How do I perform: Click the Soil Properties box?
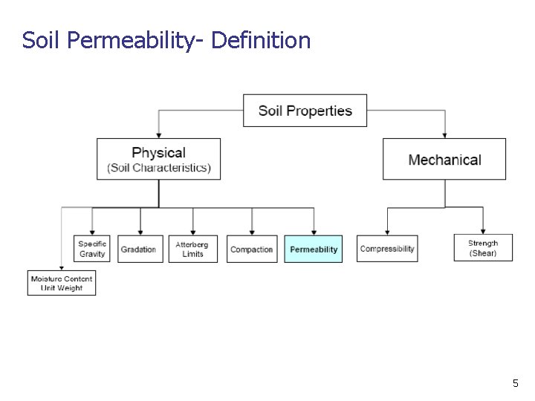pyautogui.click(x=305, y=111)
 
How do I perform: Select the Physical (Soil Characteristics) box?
pyautogui.click(x=158, y=159)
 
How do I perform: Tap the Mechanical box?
pyautogui.click(x=444, y=159)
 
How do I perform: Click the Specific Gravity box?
pyautogui.click(x=93, y=249)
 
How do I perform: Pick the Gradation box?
pyautogui.click(x=139, y=249)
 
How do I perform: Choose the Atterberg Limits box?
pyautogui.click(x=192, y=249)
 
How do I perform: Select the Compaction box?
pyautogui.click(x=252, y=249)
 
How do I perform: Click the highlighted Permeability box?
pyautogui.click(x=313, y=249)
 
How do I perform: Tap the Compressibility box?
pyautogui.click(x=386, y=249)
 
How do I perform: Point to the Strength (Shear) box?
pyautogui.click(x=483, y=248)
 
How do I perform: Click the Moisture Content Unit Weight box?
pyautogui.click(x=62, y=283)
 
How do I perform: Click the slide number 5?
pyautogui.click(x=515, y=383)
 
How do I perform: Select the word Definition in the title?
pyautogui.click(x=261, y=39)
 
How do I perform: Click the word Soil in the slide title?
pyautogui.click(x=42, y=39)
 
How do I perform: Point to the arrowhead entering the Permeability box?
pyautogui.click(x=314, y=232)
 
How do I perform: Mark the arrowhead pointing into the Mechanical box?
pyautogui.click(x=444, y=134)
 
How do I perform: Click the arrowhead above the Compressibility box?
pyautogui.click(x=386, y=232)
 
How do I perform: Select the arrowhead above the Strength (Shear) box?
pyautogui.click(x=483, y=230)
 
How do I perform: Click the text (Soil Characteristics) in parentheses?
pyautogui.click(x=159, y=168)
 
